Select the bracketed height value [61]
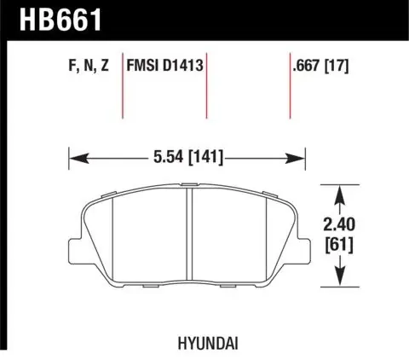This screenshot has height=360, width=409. pos(342,245)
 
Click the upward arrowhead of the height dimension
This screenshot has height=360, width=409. pos(342,192)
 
